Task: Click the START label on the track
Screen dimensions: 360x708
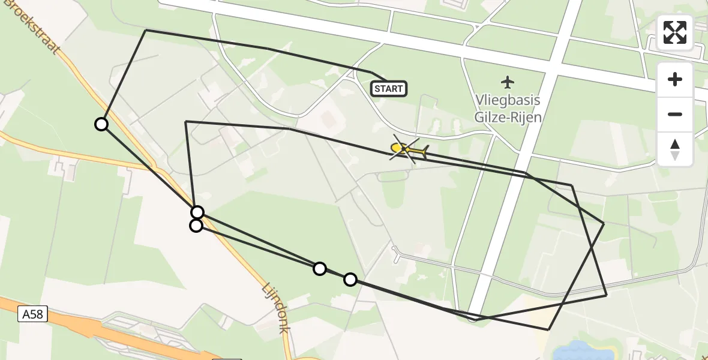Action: coord(389,89)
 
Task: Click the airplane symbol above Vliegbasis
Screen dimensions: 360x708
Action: coord(508,81)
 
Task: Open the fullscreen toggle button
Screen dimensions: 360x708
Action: coord(675,32)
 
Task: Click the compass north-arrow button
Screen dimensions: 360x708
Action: coord(675,149)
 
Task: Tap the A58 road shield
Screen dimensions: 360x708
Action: coord(32,314)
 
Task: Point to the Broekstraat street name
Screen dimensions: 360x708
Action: coord(36,27)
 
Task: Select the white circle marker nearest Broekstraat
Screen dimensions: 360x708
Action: coord(101,124)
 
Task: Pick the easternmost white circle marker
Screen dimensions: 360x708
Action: coord(350,279)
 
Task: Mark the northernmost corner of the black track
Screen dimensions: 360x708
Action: coord(146,30)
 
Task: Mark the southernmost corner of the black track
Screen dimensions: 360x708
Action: coord(548,329)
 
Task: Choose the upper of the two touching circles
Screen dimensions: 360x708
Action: coord(197,212)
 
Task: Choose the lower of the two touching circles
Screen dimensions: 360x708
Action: coord(196,226)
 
